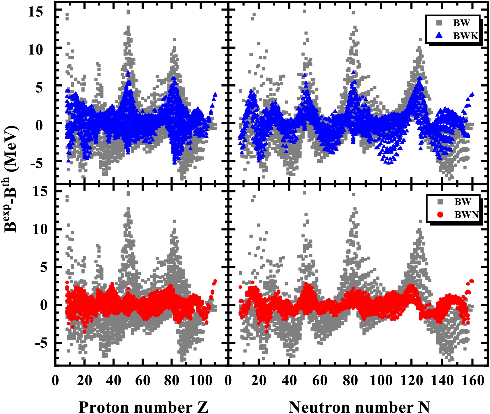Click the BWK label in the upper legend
[466, 36]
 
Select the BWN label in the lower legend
[467, 215]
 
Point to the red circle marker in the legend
[440, 215]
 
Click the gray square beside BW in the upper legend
[439, 23]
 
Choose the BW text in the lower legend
[463, 202]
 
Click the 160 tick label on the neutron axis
[472, 381]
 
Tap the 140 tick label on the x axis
[442, 381]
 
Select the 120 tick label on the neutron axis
[411, 381]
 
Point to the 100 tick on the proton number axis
[201, 381]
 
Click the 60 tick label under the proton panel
[143, 381]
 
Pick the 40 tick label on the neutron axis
[289, 381]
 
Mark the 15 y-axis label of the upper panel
[35, 12]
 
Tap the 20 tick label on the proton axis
[84, 381]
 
